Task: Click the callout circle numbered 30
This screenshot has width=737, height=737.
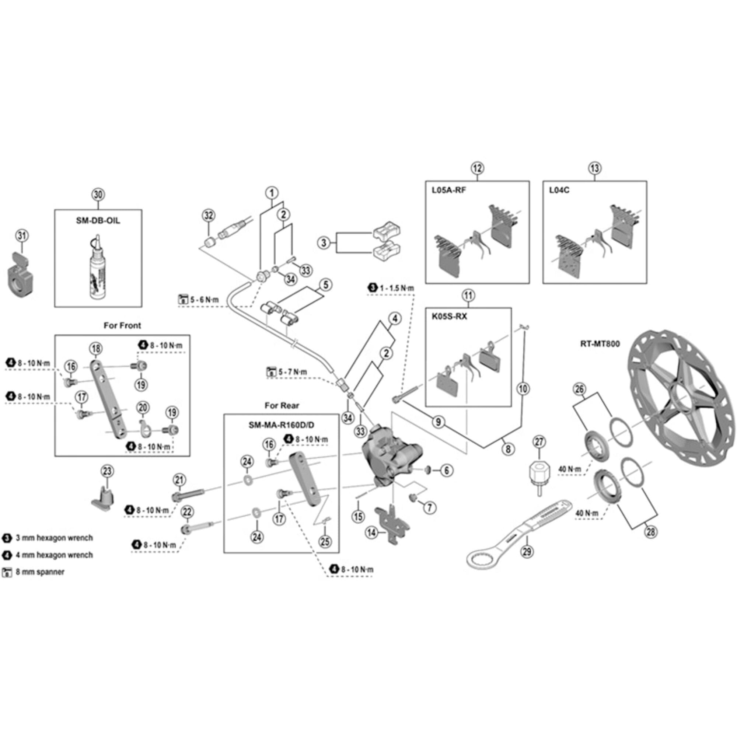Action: coord(98,195)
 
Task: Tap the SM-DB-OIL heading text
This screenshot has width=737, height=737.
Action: coord(98,221)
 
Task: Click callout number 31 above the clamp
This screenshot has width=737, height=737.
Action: coord(22,235)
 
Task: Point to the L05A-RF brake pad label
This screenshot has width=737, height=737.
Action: coord(448,190)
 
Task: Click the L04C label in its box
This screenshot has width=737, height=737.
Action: coord(559,190)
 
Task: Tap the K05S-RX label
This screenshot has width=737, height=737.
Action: coord(449,317)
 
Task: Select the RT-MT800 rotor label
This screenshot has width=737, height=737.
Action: coord(600,344)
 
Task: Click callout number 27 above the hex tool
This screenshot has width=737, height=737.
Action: coord(539,442)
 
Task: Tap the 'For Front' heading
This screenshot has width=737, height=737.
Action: coord(122,325)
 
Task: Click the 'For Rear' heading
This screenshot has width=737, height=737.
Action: coord(282,405)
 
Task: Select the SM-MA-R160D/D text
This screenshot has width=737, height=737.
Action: coord(282,425)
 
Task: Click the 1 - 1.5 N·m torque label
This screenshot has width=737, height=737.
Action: coord(397,289)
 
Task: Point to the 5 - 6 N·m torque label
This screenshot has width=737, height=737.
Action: coord(205,300)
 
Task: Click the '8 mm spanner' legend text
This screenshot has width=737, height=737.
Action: coord(40,572)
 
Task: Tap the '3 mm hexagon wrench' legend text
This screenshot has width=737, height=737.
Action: coord(54,538)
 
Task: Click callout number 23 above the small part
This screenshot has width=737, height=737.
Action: coord(107,471)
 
